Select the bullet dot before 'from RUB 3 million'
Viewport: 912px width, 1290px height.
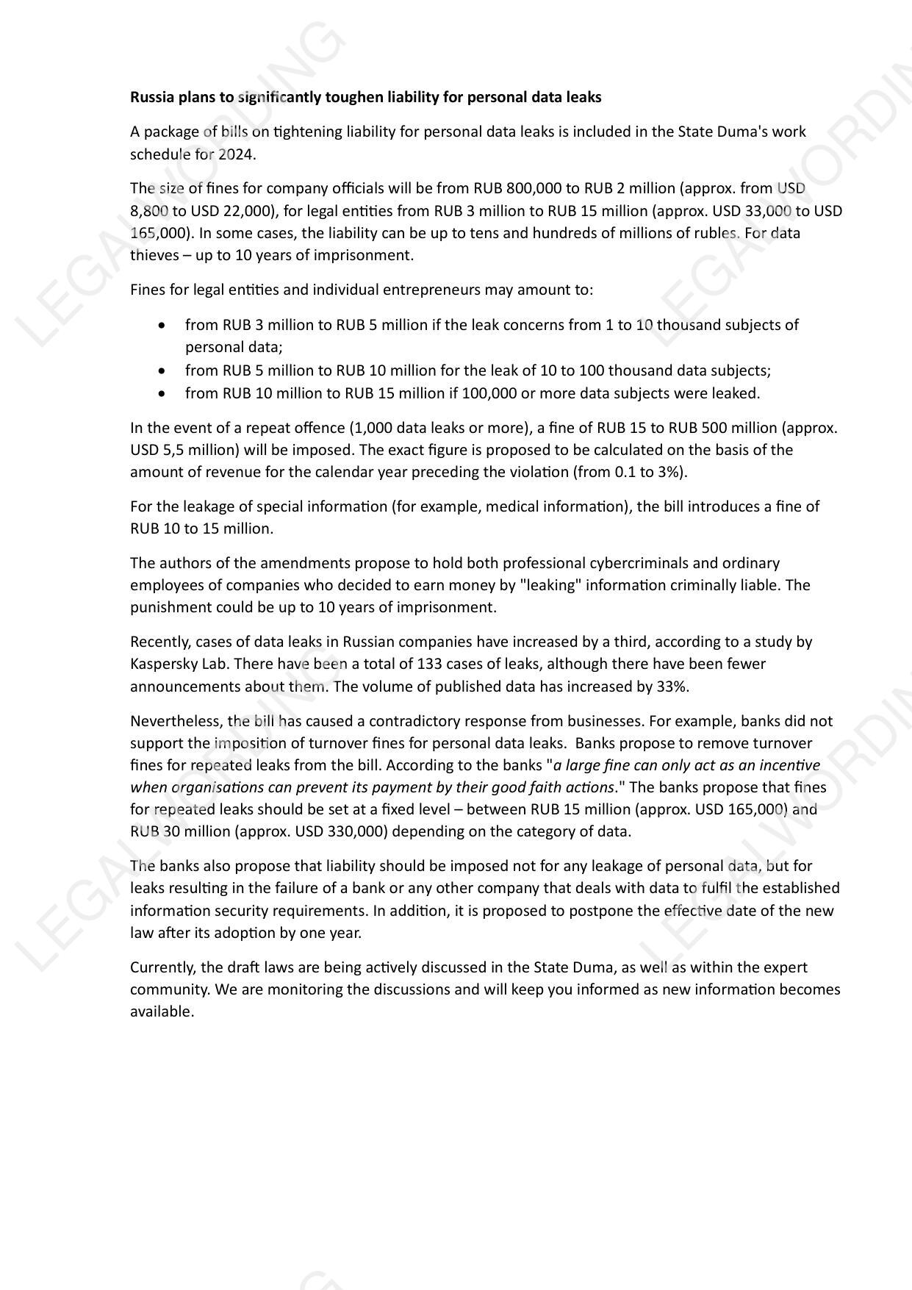(x=162, y=325)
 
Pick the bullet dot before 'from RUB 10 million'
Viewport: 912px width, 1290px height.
(x=162, y=393)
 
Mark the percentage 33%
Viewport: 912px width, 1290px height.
(x=672, y=687)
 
